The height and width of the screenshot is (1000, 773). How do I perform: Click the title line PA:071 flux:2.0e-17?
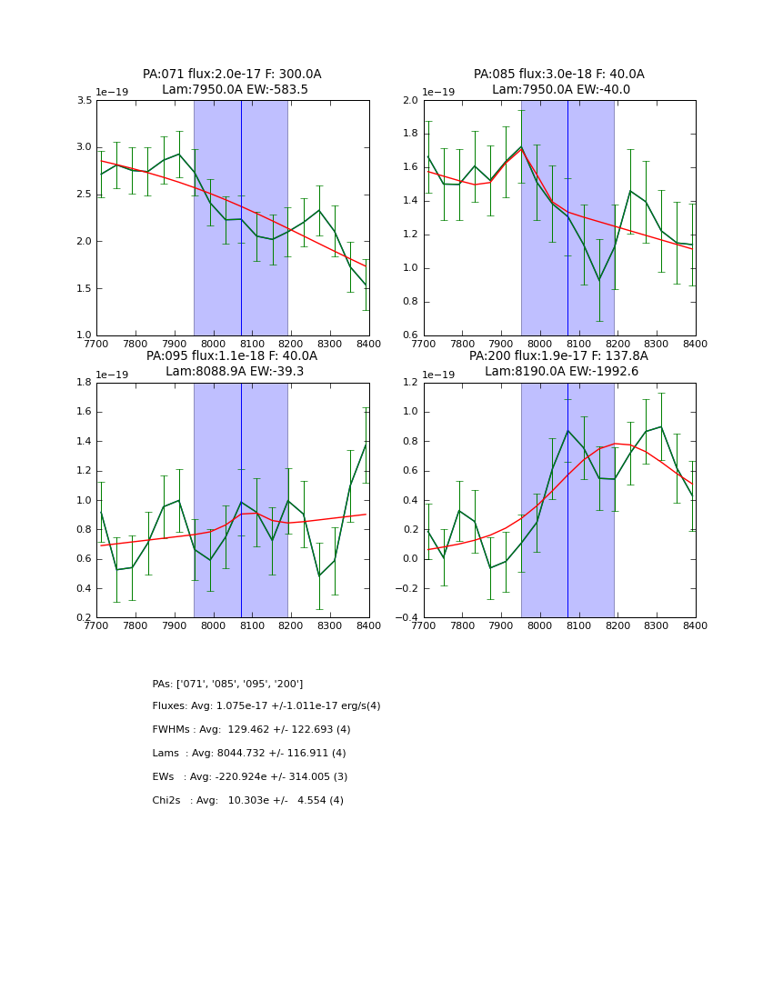point(232,75)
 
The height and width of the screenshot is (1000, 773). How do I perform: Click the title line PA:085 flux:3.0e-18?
point(558,75)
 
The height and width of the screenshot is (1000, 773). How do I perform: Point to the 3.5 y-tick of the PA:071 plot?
point(84,100)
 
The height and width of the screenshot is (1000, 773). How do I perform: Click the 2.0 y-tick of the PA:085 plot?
point(410,100)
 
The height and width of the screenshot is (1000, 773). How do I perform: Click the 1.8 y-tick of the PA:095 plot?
point(84,383)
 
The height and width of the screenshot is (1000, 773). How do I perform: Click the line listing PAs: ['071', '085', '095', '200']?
point(227,684)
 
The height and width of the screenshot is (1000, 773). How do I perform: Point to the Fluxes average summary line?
point(266,706)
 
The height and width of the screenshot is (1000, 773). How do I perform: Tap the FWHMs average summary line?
point(251,730)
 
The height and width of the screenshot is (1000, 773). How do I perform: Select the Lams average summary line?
point(249,754)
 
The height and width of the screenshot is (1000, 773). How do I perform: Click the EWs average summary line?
point(250,777)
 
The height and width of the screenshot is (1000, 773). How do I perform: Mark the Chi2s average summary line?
point(247,801)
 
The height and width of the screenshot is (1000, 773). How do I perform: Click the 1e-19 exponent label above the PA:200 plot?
point(447,375)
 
